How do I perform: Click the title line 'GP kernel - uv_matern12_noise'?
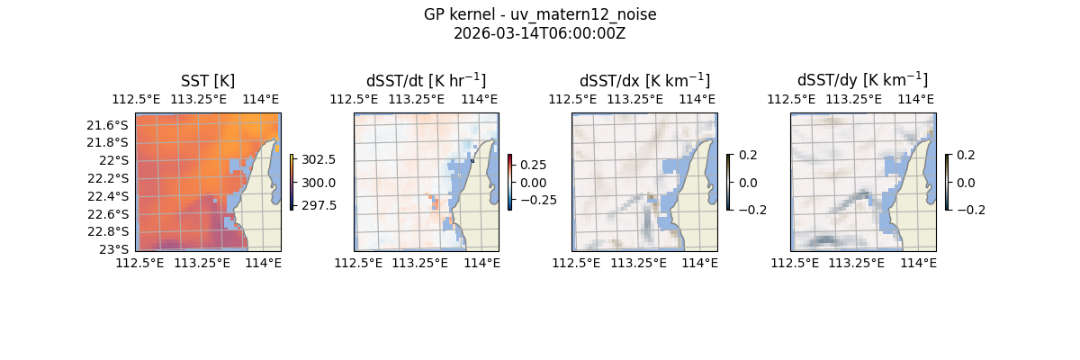[x=540, y=14]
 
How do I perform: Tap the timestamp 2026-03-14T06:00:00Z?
[x=540, y=33]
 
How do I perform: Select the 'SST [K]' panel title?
[x=208, y=81]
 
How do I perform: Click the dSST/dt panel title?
[x=426, y=81]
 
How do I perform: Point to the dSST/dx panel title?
[x=644, y=81]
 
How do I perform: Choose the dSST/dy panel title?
[x=862, y=81]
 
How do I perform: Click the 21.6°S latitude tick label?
[x=107, y=124]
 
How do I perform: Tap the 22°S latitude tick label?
[x=114, y=160]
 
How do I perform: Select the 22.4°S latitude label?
[x=107, y=196]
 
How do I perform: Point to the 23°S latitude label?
[x=114, y=249]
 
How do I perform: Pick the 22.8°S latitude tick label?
[x=107, y=231]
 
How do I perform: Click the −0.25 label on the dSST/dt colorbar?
[x=535, y=200]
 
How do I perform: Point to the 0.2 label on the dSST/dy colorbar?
[x=967, y=155]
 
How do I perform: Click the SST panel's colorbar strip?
[x=292, y=182]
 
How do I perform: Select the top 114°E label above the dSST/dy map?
[x=917, y=99]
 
